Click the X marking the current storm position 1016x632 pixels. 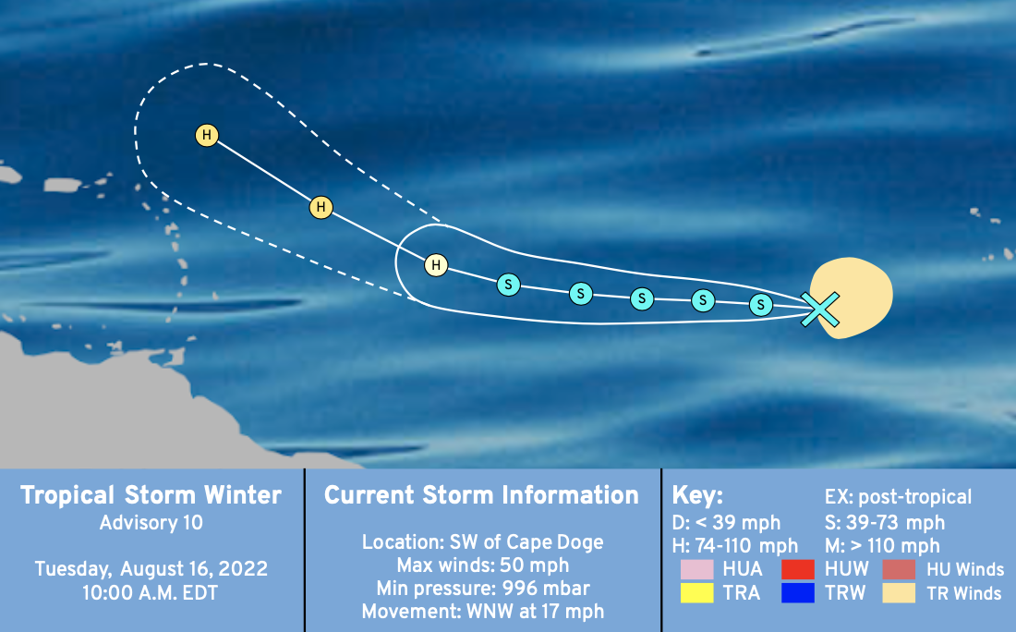pyautogui.click(x=819, y=309)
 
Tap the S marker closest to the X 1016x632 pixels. pyautogui.click(x=761, y=305)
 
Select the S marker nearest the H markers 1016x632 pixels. pyautogui.click(x=509, y=284)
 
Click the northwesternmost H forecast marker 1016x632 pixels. pyautogui.click(x=207, y=135)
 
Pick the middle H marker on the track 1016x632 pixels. pyautogui.click(x=321, y=207)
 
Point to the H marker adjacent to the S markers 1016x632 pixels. pyautogui.click(x=436, y=264)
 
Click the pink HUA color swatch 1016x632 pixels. pyautogui.click(x=697, y=569)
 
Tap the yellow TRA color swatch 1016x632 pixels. pyautogui.click(x=697, y=592)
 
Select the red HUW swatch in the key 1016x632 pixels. pyautogui.click(x=798, y=569)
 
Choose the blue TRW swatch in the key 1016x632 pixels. pyautogui.click(x=798, y=592)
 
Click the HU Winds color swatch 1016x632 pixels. pyautogui.click(x=899, y=569)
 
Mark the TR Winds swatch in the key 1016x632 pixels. pyautogui.click(x=899, y=592)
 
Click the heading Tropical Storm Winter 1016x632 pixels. pyautogui.click(x=151, y=495)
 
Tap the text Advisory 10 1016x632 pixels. pyautogui.click(x=151, y=522)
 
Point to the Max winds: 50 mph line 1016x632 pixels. pyautogui.click(x=483, y=565)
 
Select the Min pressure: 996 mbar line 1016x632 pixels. pyautogui.click(x=483, y=588)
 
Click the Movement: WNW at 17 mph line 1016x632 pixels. pyautogui.click(x=483, y=612)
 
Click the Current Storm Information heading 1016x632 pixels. pyautogui.click(x=481, y=495)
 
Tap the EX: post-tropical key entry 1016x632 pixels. pyautogui.click(x=898, y=497)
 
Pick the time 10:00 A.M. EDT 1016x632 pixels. pyautogui.click(x=151, y=592)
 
